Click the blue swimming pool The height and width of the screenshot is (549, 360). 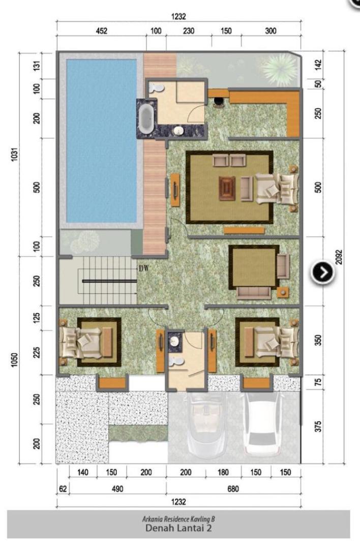tap(102, 141)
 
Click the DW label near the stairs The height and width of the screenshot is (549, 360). tap(144, 268)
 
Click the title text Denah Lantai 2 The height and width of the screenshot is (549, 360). tap(178, 528)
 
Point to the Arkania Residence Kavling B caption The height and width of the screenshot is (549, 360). tap(178, 519)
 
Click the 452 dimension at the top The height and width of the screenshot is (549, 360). tap(102, 31)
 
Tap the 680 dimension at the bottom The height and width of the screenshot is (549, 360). tap(233, 489)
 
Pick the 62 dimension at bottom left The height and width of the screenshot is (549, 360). tap(63, 489)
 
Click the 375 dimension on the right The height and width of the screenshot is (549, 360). tap(318, 426)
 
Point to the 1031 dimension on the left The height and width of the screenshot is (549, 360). tap(14, 155)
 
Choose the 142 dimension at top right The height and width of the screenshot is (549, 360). tap(318, 65)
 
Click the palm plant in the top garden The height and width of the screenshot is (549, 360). tap(280, 69)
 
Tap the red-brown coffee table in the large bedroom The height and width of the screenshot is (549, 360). tap(227, 189)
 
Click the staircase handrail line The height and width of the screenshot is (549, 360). tap(110, 281)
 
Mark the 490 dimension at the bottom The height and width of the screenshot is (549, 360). tap(117, 489)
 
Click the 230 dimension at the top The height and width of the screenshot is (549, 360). tap(189, 31)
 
